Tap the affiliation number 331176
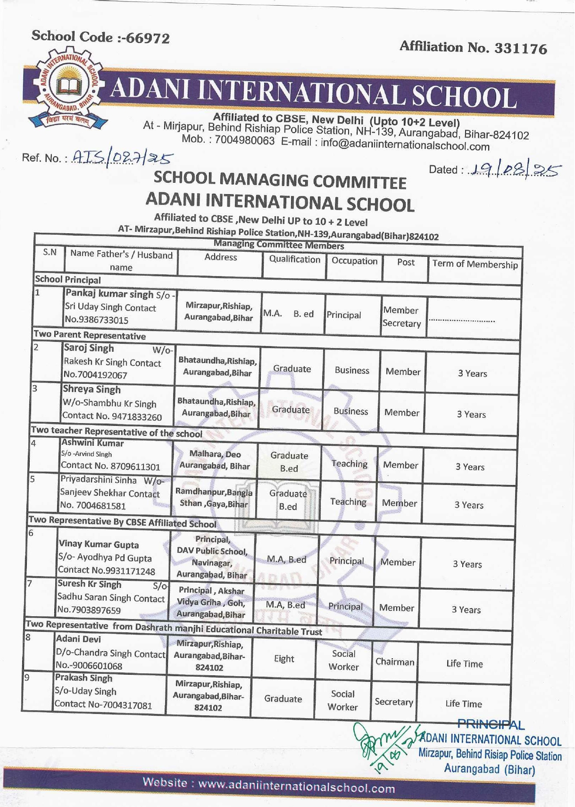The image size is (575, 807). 521,48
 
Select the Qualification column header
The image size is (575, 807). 294,259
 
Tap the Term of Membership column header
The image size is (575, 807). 475,264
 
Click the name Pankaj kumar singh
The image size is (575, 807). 109,294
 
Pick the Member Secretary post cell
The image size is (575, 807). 401,317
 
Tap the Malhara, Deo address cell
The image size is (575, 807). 215,460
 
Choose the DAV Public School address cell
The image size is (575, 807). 212,557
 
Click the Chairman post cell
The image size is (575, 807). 394,662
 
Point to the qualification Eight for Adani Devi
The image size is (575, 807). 284,659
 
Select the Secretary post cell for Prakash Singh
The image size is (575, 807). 393,702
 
